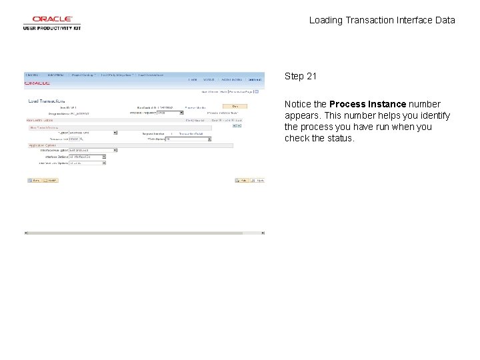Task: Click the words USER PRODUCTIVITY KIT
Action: [51, 28]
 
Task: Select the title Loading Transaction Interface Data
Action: [382, 20]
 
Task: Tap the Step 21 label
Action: [301, 76]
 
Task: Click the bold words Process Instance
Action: [367, 104]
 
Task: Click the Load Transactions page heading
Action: [47, 101]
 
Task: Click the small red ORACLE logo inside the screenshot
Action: [37, 83]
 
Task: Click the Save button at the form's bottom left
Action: [35, 180]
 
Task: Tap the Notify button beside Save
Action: [51, 180]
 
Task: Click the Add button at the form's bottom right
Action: [243, 180]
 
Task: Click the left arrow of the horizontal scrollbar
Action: [26, 233]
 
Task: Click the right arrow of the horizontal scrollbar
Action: [263, 233]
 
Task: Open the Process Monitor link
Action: [197, 107]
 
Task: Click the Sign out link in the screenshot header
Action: [255, 79]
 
